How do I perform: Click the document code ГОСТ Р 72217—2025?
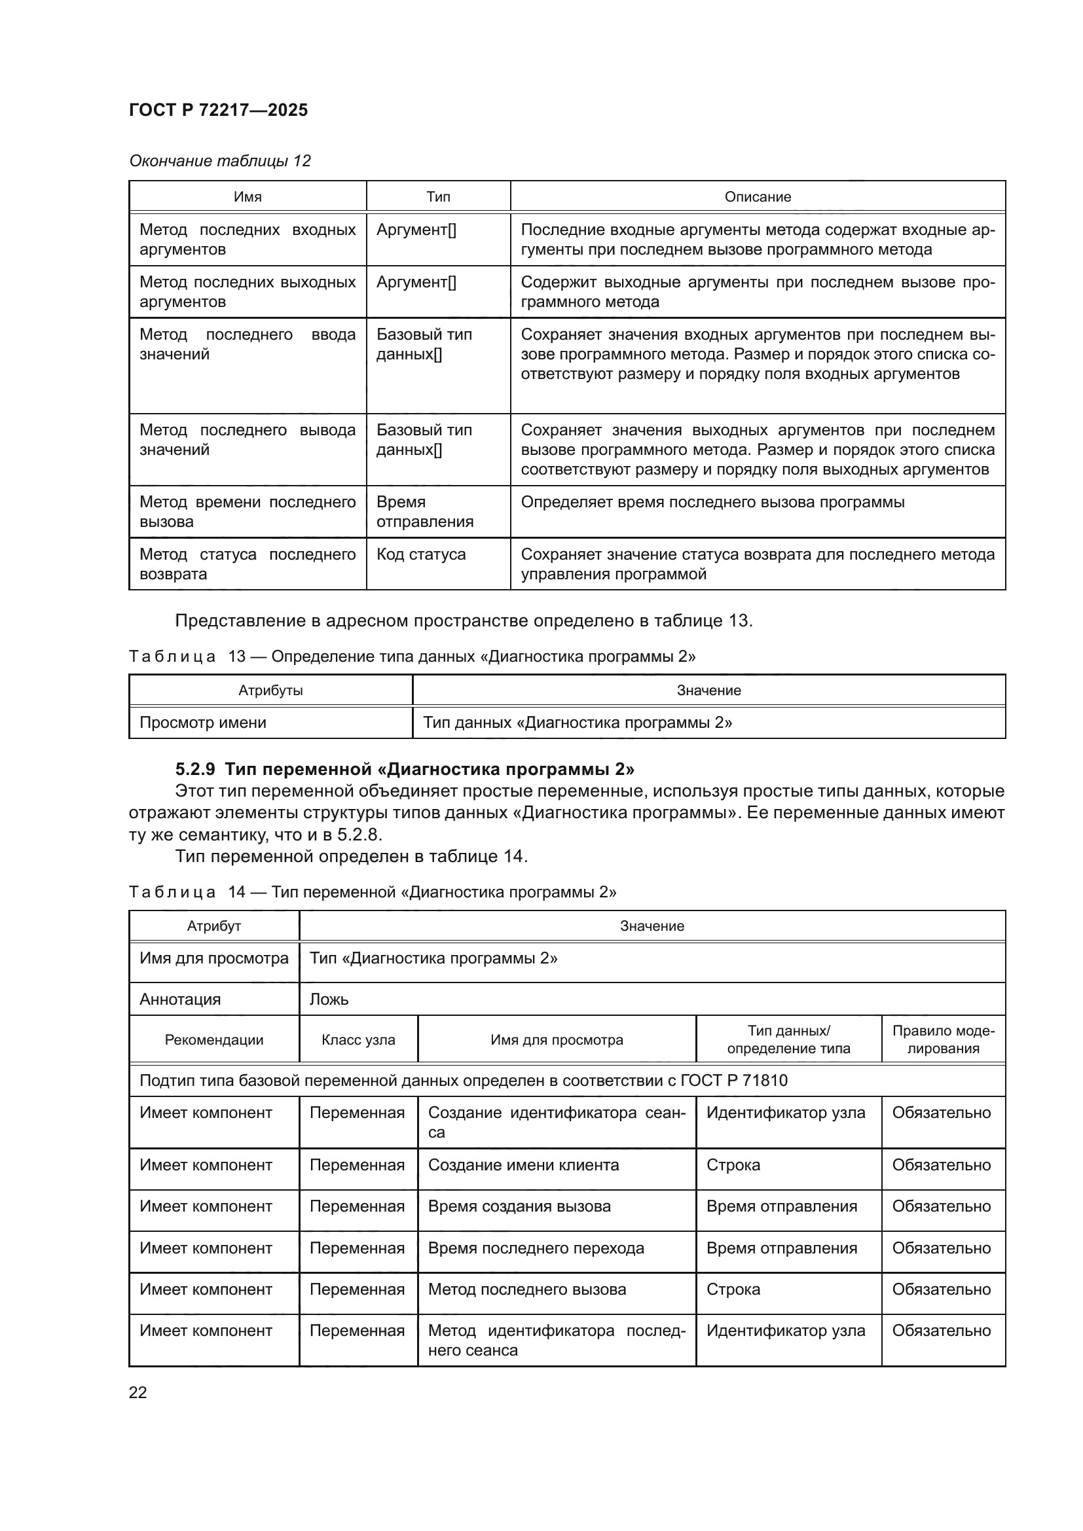tap(218, 110)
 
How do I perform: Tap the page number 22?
tap(138, 1392)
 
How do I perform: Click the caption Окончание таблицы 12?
tap(219, 161)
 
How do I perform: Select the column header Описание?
tap(758, 197)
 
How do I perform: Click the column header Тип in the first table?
tap(438, 197)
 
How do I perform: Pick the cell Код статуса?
tap(421, 554)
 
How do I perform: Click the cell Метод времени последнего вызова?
tap(248, 511)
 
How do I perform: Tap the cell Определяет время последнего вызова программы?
tap(712, 502)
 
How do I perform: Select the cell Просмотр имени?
tap(203, 723)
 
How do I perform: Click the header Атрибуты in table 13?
tap(271, 690)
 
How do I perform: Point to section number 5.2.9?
tap(194, 770)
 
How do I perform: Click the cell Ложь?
tap(329, 1000)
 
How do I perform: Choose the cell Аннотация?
tap(180, 1000)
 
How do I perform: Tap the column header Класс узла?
tap(358, 1040)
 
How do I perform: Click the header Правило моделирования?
tap(943, 1039)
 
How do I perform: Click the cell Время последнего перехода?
tap(536, 1248)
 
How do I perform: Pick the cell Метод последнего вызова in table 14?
tap(527, 1289)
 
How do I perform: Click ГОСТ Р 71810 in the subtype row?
tap(734, 1080)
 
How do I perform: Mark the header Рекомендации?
tap(214, 1040)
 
